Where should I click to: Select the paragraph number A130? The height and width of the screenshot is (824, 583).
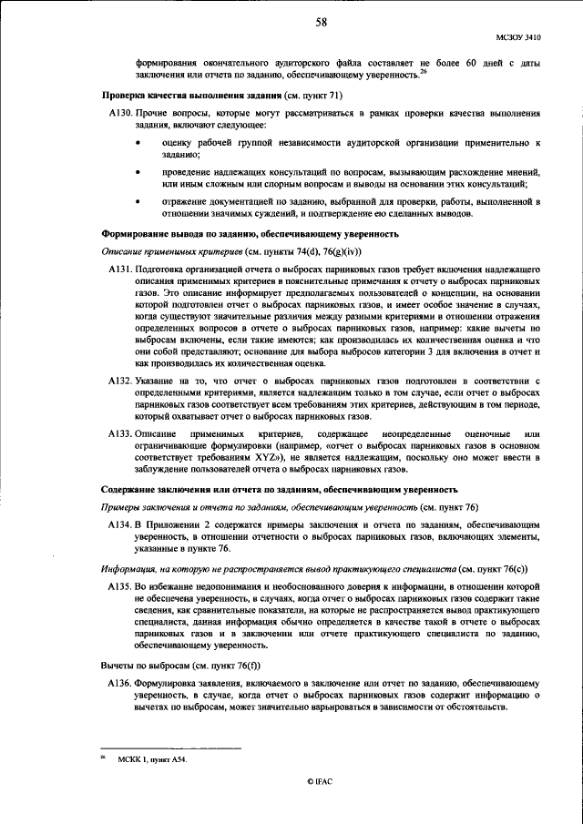click(119, 112)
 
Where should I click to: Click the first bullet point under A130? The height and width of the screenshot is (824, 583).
click(138, 144)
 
